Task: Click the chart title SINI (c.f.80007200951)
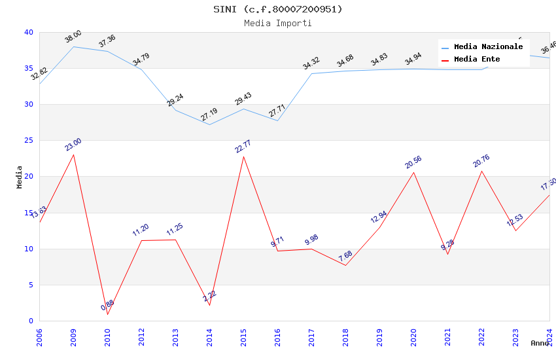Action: [x=278, y=9]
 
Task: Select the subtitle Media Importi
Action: [x=278, y=23]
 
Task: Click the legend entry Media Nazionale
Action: [x=488, y=47]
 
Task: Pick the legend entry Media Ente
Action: [x=477, y=60]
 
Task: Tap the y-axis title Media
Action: [x=20, y=177]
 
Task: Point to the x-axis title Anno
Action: [x=540, y=343]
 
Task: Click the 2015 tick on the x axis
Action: [x=244, y=334]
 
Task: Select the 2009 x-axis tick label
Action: [x=74, y=334]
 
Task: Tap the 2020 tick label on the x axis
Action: [x=414, y=334]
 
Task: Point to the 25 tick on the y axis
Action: [x=28, y=141]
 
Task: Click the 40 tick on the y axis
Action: [x=28, y=33]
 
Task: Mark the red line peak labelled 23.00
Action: [x=73, y=154]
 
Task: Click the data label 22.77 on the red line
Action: [x=243, y=147]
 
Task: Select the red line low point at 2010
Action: [x=107, y=315]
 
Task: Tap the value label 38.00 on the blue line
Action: [x=73, y=37]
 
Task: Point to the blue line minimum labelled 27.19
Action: [x=209, y=124]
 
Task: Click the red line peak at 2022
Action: [x=482, y=171]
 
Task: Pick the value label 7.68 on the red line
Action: [x=345, y=256]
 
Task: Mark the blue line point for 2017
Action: [x=312, y=73]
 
